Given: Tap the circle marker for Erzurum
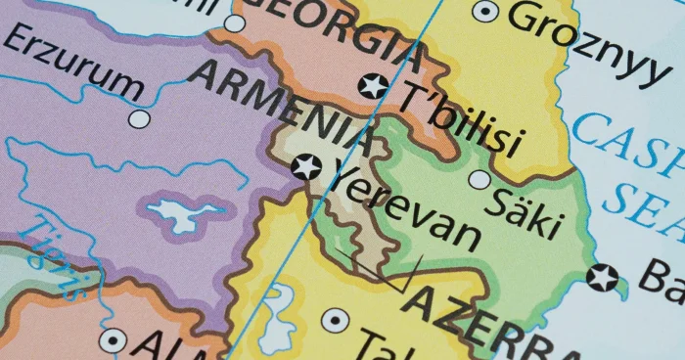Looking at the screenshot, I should point(140,118).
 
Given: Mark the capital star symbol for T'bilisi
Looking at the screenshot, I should point(373,86).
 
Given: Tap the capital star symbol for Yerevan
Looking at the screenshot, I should point(306,166).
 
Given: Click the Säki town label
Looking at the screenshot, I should point(528,206).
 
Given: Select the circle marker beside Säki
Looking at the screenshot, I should point(479,179).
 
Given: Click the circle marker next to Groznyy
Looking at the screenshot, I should point(484,12).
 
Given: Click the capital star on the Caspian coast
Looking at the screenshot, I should point(603,278).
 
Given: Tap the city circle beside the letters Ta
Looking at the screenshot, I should point(335,320).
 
